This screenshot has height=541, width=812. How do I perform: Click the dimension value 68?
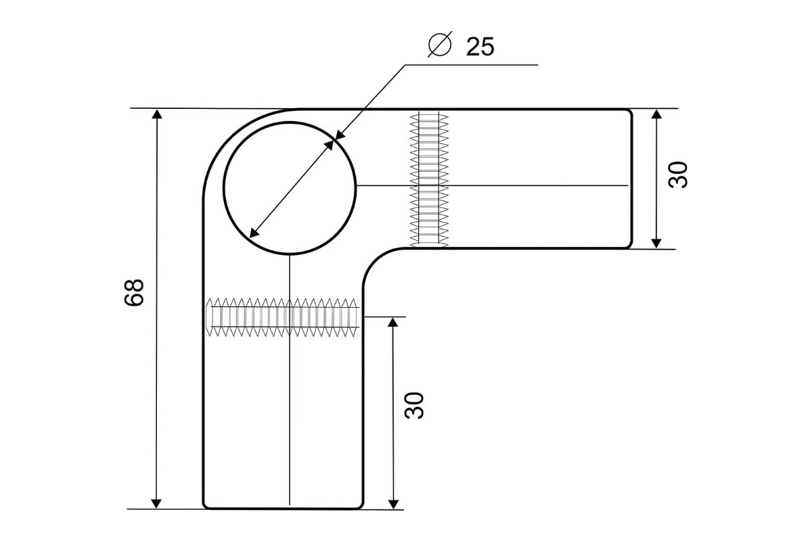click(x=134, y=292)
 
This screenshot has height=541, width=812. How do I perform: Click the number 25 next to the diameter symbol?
click(x=480, y=47)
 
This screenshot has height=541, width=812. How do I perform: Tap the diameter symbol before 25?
click(x=440, y=44)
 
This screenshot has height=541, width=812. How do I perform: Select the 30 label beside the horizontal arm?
click(x=677, y=174)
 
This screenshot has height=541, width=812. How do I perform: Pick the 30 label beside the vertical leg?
click(x=413, y=406)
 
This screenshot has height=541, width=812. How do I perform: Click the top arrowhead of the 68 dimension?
click(x=156, y=114)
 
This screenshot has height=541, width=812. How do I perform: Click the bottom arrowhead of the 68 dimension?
click(x=156, y=504)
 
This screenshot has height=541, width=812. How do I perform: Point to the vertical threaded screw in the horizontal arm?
click(x=429, y=180)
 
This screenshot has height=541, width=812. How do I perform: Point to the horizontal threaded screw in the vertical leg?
click(x=282, y=317)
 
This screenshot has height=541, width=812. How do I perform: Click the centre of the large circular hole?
click(x=290, y=188)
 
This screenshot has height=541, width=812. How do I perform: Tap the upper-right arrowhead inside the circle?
click(x=329, y=145)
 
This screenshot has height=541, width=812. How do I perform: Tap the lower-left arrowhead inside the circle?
click(x=254, y=233)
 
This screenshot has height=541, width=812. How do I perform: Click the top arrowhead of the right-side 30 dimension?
click(x=656, y=114)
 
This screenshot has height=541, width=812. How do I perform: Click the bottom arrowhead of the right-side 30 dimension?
click(x=656, y=243)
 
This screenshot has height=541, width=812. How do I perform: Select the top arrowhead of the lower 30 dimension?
click(x=393, y=322)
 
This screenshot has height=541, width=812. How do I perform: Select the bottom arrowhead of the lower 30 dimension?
click(x=393, y=504)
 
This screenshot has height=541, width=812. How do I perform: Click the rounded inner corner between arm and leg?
click(x=374, y=260)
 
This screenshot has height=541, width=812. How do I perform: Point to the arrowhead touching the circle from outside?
click(x=338, y=135)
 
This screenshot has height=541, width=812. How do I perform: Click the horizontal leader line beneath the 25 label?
click(x=472, y=65)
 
